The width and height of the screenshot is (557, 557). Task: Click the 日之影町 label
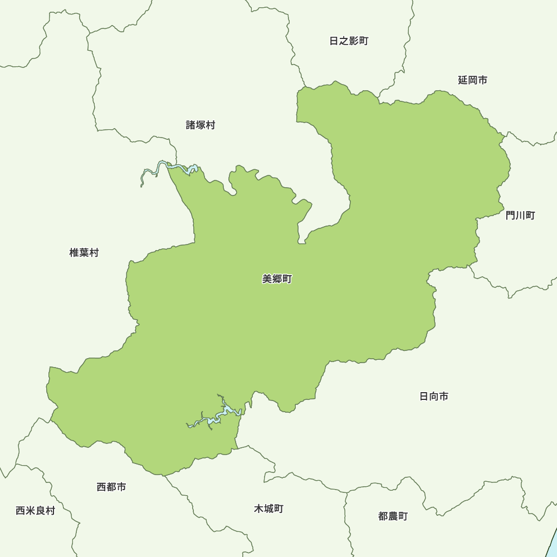pyautogui.click(x=349, y=41)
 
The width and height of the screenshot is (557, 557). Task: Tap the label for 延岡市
pyautogui.click(x=472, y=80)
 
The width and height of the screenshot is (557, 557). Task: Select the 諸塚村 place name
pyautogui.click(x=201, y=125)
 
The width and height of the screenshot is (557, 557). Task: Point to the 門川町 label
pyautogui.click(x=520, y=215)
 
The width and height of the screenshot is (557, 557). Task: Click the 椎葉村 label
pyautogui.click(x=84, y=253)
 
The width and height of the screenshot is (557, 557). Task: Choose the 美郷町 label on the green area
pyautogui.click(x=277, y=279)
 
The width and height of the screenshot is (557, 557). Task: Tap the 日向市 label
pyautogui.click(x=434, y=397)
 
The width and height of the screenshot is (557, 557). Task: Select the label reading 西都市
pyautogui.click(x=111, y=487)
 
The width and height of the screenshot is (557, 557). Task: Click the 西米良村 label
pyautogui.click(x=35, y=510)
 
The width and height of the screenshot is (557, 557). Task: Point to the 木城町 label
pyautogui.click(x=268, y=509)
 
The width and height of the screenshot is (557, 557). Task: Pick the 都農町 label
pyautogui.click(x=393, y=516)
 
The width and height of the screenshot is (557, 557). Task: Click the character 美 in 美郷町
pyautogui.click(x=267, y=279)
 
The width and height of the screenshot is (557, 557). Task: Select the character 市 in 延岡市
pyautogui.click(x=482, y=80)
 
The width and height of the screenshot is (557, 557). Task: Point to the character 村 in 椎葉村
pyautogui.click(x=94, y=253)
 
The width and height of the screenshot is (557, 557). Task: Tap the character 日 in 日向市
pyautogui.click(x=424, y=397)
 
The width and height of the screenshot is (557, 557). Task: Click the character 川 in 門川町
pyautogui.click(x=520, y=215)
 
